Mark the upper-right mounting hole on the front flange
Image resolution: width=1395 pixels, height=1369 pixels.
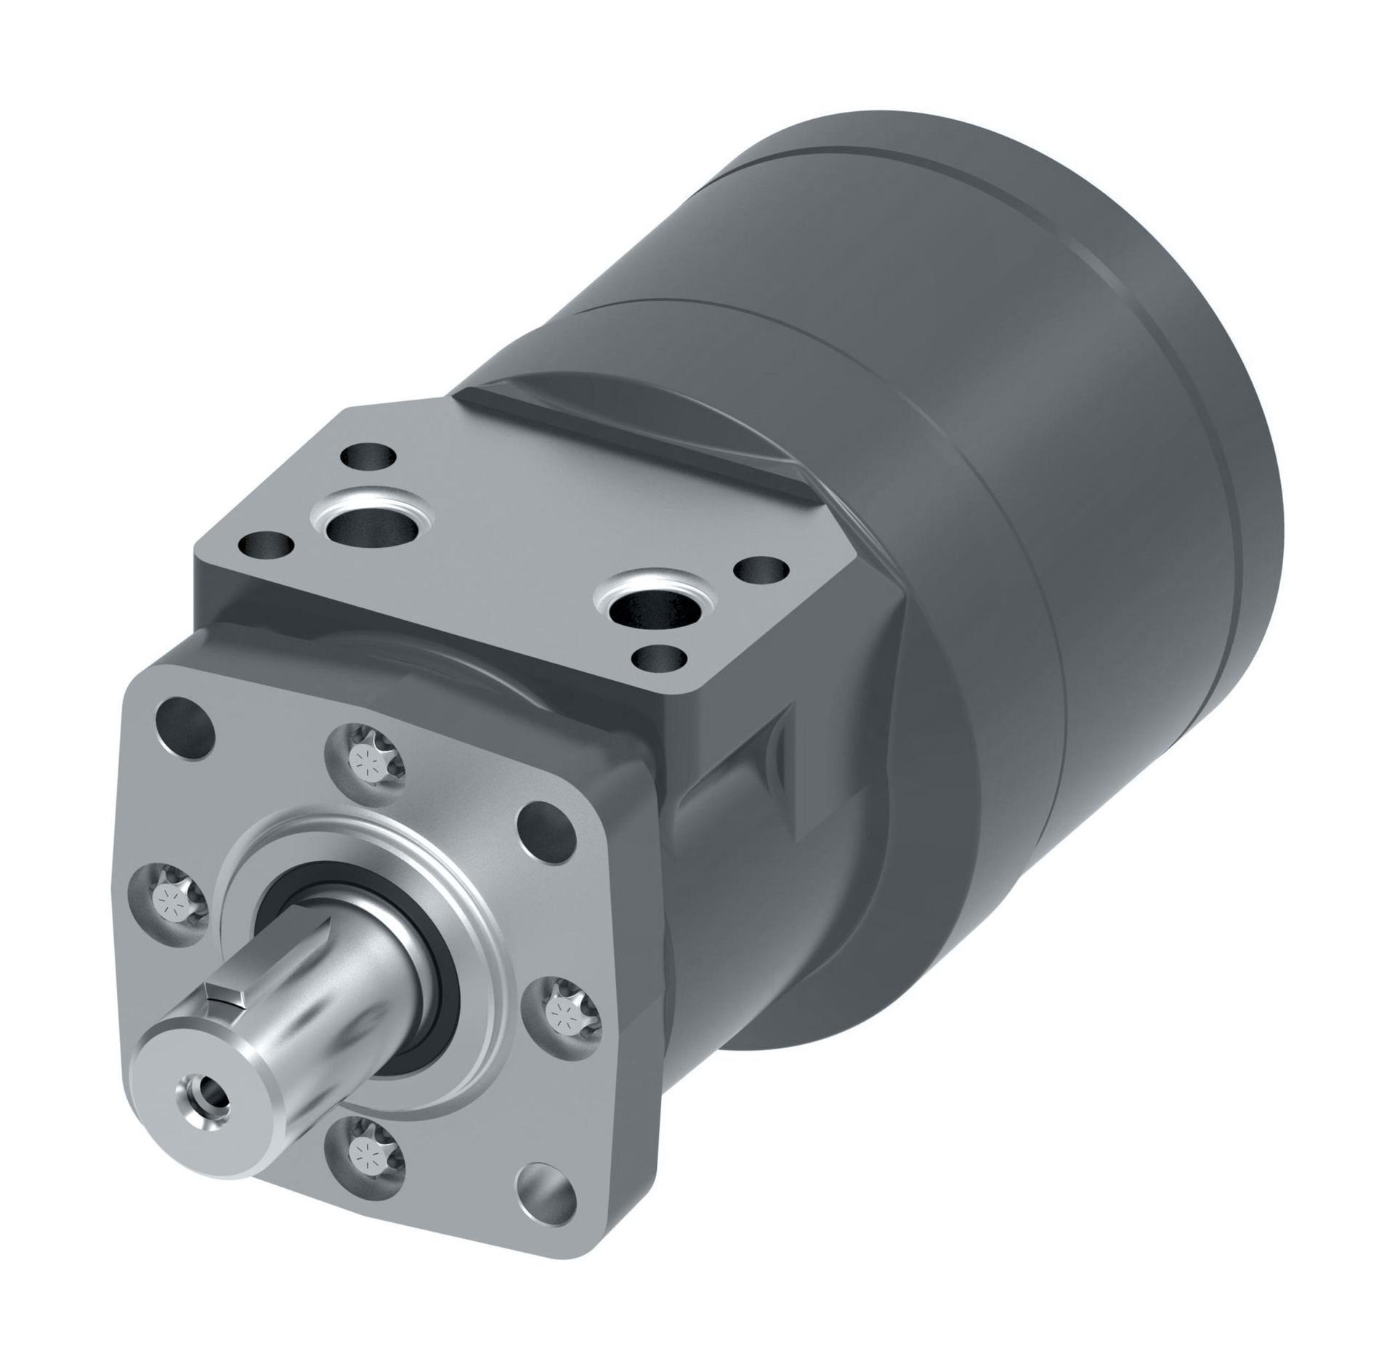[x=546, y=825]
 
